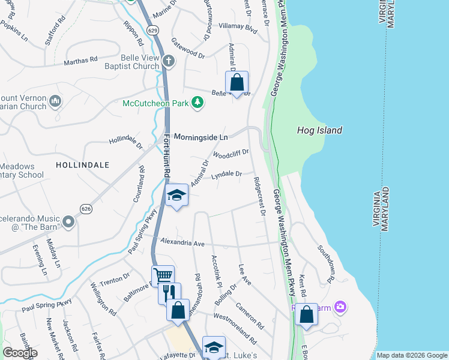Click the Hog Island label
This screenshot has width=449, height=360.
[319, 130]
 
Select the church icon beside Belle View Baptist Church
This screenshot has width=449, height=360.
[169, 61]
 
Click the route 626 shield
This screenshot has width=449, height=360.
[85, 209]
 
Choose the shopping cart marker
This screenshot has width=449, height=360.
[163, 276]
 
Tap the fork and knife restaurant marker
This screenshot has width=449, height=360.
[170, 292]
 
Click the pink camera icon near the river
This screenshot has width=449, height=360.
[340, 307]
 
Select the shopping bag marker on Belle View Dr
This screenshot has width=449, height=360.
[237, 83]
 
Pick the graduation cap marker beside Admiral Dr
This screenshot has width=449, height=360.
[176, 195]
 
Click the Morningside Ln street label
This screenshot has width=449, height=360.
[200, 137]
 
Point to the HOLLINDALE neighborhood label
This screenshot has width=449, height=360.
[82, 164]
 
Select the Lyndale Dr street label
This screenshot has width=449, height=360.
[226, 175]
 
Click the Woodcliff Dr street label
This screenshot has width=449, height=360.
[231, 154]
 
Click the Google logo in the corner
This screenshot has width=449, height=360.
[19, 353]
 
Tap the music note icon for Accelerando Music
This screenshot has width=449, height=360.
[69, 222]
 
